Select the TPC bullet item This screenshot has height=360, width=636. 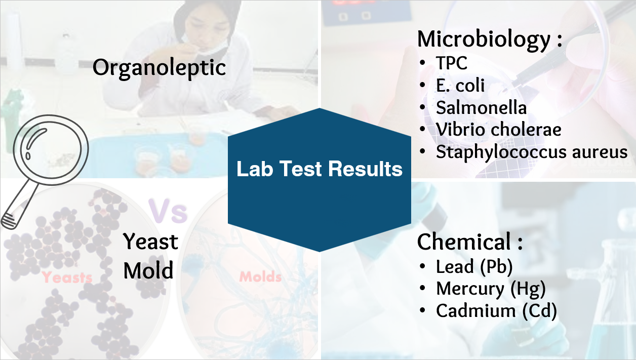(x=452, y=63)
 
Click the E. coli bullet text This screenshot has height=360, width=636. (x=460, y=85)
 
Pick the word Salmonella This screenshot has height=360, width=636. (x=481, y=107)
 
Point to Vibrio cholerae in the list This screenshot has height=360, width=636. (x=499, y=130)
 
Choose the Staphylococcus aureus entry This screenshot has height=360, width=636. (x=532, y=152)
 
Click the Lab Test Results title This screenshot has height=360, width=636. (x=320, y=169)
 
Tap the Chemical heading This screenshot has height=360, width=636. (x=470, y=242)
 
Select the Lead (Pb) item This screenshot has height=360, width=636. (x=474, y=267)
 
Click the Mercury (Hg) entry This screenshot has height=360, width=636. (x=491, y=289)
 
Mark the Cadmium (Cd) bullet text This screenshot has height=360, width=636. (x=496, y=311)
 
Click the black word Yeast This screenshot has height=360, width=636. (x=150, y=242)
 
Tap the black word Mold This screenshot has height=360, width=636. (x=148, y=270)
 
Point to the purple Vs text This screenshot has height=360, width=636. (x=168, y=211)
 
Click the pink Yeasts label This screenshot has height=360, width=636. (x=67, y=277)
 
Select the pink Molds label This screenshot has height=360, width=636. (x=260, y=277)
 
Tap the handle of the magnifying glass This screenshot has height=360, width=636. (x=20, y=207)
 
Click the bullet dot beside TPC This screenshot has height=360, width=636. (x=422, y=63)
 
